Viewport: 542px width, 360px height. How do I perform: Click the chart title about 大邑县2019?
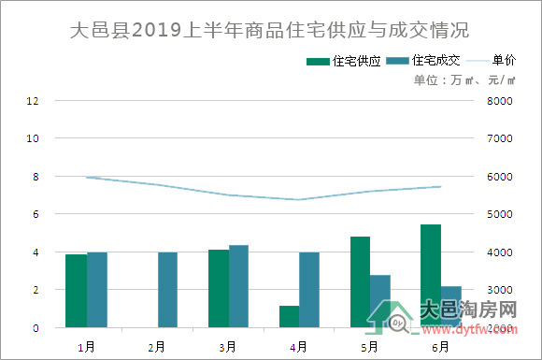tap(270, 31)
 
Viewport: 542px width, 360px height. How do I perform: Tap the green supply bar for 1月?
tap(76, 291)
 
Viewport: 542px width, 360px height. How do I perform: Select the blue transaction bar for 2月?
tap(167, 290)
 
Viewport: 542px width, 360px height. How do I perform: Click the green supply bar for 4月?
tap(289, 317)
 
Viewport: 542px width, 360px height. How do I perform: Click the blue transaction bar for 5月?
tap(380, 301)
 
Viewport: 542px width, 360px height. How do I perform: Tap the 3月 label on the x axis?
tap(227, 346)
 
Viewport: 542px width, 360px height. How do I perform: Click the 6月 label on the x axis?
tap(440, 346)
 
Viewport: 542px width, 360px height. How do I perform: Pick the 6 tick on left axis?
tap(36, 214)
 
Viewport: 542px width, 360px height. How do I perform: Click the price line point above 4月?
tap(298, 199)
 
